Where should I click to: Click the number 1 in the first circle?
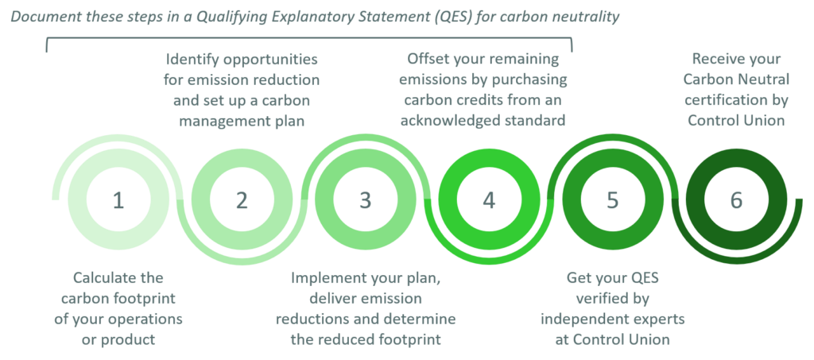click(118, 200)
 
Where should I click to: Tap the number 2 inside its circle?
click(242, 200)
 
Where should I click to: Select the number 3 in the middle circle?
click(365, 200)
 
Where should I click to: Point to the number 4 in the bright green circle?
click(489, 200)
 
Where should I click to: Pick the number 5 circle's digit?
click(612, 200)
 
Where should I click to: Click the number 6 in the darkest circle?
click(736, 200)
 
